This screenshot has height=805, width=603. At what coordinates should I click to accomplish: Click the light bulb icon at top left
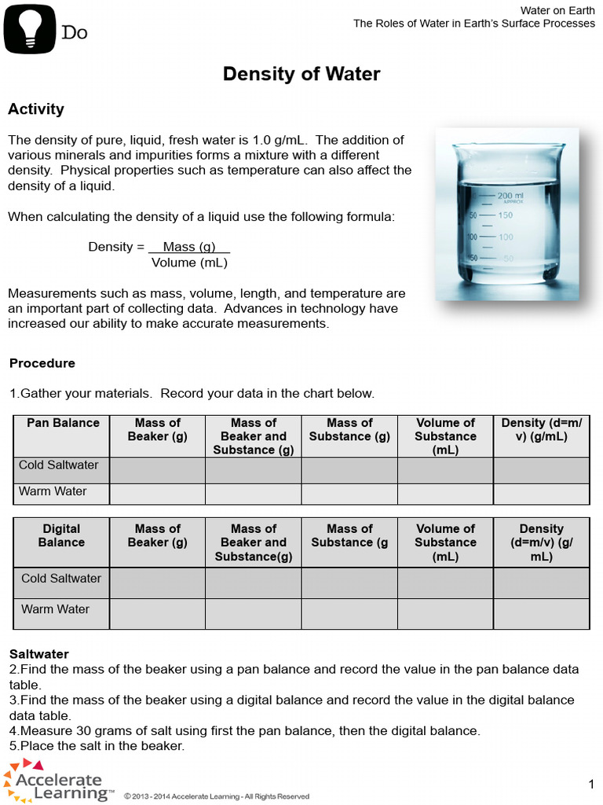click(30, 29)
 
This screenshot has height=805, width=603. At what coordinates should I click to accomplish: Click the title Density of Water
click(301, 74)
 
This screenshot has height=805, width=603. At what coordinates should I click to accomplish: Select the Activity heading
click(36, 109)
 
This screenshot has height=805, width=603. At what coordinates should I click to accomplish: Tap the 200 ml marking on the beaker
click(510, 195)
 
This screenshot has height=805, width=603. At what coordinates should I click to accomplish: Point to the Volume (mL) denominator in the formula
click(189, 263)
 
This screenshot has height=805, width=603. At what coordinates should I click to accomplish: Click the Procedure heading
click(42, 363)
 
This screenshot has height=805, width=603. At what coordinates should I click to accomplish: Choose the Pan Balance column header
click(63, 423)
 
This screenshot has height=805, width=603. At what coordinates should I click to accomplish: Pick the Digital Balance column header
click(61, 535)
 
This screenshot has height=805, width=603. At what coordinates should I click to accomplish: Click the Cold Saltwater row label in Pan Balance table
click(59, 465)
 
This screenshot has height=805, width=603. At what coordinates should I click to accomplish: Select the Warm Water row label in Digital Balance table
click(55, 609)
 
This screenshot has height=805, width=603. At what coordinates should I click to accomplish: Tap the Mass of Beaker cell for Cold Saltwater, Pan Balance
click(157, 470)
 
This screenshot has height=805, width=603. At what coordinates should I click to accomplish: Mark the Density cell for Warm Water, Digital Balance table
click(541, 613)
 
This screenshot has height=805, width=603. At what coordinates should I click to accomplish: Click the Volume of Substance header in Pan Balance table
click(445, 436)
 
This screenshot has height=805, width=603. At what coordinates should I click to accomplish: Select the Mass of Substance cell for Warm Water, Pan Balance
click(349, 494)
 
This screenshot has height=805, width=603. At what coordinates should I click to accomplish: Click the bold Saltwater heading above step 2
click(39, 654)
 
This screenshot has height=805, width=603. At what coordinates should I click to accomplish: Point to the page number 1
click(591, 784)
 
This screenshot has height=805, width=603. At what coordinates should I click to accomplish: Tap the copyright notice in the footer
click(217, 796)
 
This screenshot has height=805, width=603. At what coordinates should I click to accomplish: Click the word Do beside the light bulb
click(75, 32)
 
